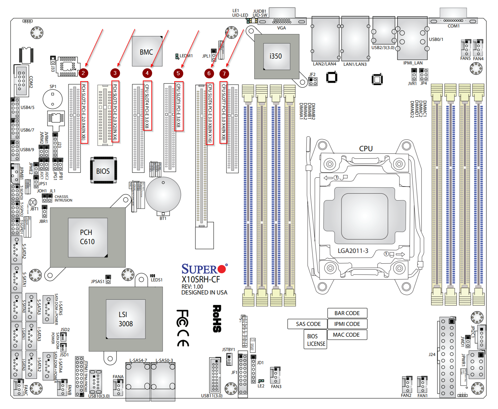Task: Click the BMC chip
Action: coord(147,52)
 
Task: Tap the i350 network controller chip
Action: coord(277,56)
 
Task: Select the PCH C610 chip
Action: coord(87,237)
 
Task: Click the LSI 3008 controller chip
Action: coord(125,319)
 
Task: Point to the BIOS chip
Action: coord(103,171)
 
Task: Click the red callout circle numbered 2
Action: coord(83,73)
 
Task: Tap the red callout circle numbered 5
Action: coord(178,73)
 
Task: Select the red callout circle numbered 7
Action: coord(224,73)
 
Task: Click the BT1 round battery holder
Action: coord(163,195)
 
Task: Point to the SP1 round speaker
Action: coord(52,98)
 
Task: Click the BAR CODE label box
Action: coord(347,313)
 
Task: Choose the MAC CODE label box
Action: coord(346,335)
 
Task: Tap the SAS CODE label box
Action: coord(308,324)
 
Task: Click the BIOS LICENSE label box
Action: coord(316,340)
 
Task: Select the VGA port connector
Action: coord(282,21)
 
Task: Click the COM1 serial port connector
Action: coord(453,21)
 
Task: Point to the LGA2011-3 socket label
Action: coord(353,251)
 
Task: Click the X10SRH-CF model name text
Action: coord(201,279)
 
